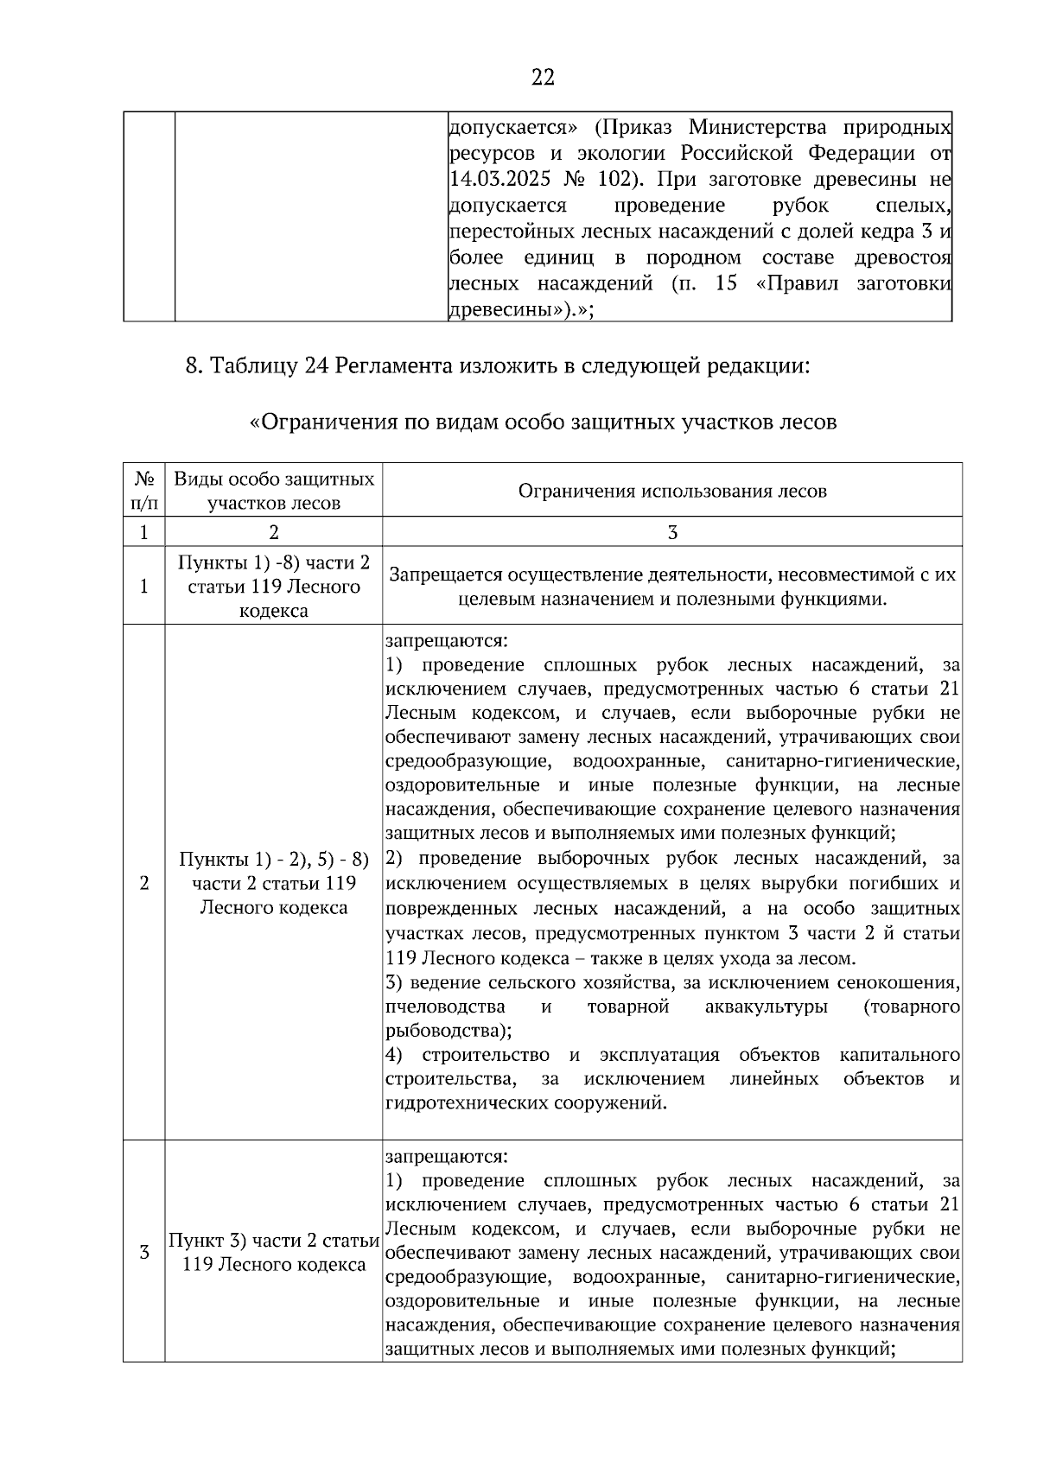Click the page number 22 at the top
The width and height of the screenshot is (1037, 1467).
(542, 78)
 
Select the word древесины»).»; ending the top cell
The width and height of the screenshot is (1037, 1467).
(521, 309)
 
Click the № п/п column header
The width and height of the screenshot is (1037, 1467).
(144, 490)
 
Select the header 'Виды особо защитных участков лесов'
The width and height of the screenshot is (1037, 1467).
(274, 490)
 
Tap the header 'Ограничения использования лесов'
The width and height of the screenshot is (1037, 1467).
(672, 491)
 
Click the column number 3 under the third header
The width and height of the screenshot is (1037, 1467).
(672, 532)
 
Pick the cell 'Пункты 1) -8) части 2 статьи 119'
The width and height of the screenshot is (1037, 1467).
(274, 586)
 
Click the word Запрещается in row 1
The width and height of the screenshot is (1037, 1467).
(445, 575)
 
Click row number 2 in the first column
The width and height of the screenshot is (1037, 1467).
(144, 883)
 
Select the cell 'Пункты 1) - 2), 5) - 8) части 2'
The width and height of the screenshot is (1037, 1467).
(274, 883)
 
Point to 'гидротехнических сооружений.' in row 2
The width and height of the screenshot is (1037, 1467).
(526, 1103)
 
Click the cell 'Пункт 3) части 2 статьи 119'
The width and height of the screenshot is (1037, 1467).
(274, 1252)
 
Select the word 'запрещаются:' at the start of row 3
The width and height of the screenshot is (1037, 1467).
(447, 1155)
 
